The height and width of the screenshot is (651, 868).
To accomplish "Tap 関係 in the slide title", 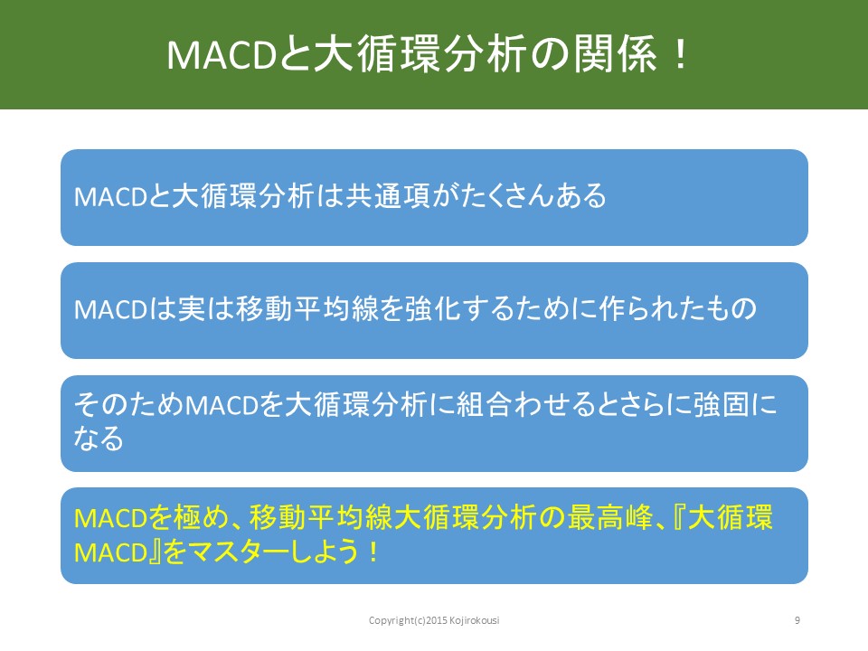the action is point(614,54).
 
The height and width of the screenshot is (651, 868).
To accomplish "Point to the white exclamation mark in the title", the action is point(681,54).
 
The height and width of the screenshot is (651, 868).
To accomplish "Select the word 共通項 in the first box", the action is point(388,196).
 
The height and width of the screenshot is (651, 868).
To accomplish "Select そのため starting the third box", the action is point(128,405).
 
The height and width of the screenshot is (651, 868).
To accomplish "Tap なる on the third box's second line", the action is point(99,439).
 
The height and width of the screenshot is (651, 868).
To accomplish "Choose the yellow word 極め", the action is point(202,518).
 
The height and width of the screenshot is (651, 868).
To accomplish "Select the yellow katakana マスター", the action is point(238,552).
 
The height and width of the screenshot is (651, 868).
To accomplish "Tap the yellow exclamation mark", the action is point(374,552).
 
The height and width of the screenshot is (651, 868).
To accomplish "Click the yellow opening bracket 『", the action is point(679,518).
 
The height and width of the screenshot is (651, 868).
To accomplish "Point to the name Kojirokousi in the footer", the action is point(475,620).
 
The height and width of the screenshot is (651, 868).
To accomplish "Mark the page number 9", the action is point(797,620).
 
